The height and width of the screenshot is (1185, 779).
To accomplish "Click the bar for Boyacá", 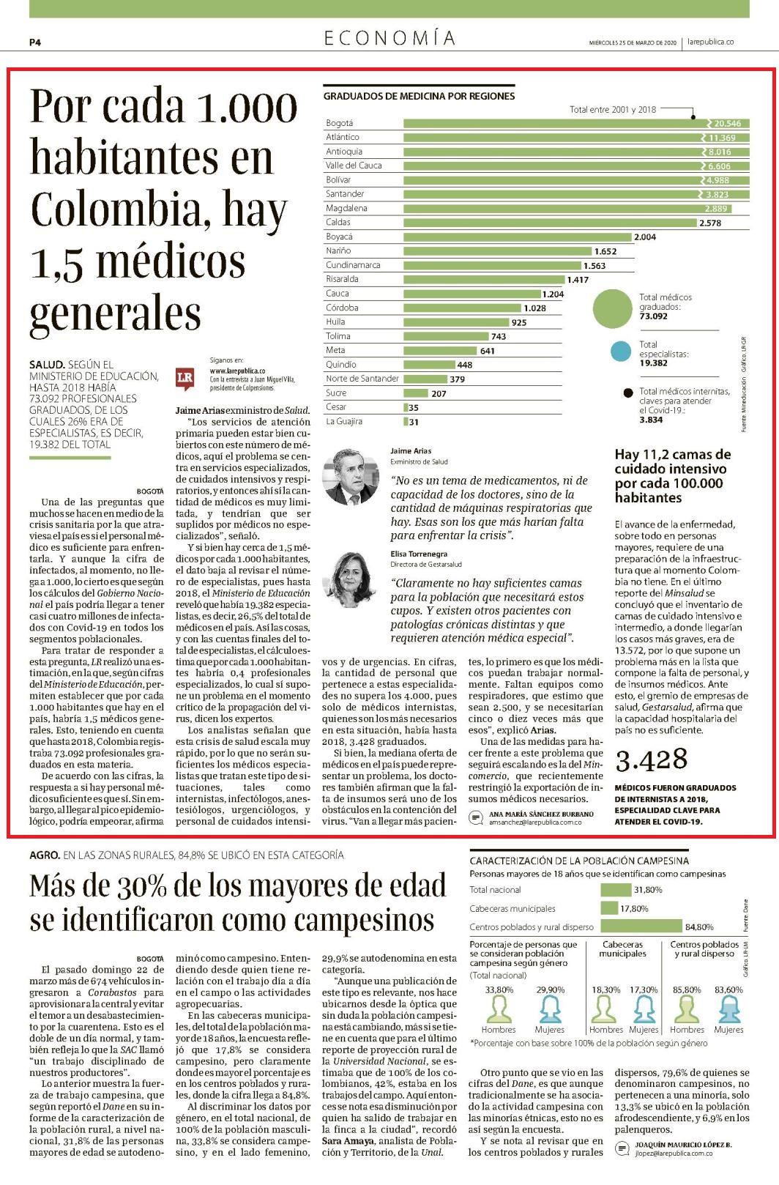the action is [517, 237].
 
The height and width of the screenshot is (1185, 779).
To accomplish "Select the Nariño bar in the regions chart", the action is [498, 250].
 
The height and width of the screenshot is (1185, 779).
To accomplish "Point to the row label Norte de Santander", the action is [362, 378].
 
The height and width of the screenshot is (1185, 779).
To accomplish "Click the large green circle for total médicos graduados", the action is [612, 308].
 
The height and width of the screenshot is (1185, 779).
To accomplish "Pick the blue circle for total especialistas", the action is [620, 352].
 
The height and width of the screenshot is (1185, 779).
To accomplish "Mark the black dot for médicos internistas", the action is [627, 393].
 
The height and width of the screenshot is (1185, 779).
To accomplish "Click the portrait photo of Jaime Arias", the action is [351, 477].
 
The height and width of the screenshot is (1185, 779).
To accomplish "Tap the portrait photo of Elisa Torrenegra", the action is [351, 579].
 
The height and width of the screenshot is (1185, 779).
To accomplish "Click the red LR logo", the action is [184, 378].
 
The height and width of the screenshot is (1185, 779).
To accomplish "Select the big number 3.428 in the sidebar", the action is [651, 759].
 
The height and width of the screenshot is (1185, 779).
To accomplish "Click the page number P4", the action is [35, 42].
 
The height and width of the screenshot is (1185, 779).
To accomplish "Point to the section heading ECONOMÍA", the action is [389, 38].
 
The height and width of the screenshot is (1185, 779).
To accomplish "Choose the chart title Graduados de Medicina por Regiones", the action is [419, 96].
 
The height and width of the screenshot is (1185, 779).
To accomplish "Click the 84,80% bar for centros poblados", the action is [641, 926].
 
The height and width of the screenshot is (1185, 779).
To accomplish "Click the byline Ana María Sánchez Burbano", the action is [541, 814].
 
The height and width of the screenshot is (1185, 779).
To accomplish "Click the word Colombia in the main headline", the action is [117, 209].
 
